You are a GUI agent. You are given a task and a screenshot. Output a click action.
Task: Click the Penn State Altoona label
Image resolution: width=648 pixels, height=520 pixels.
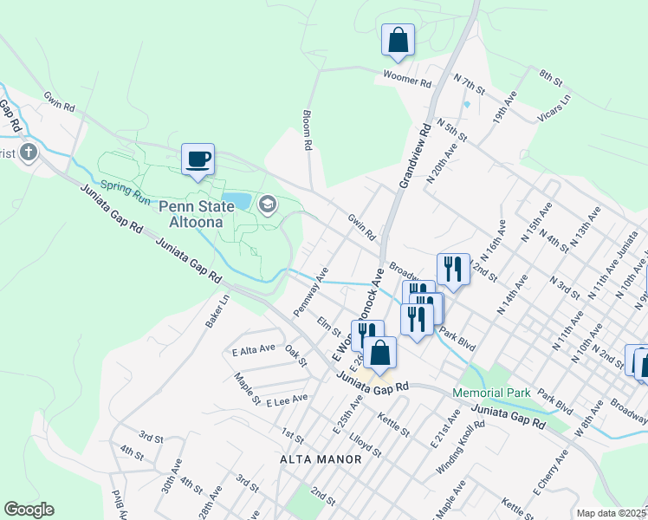pos(196,214)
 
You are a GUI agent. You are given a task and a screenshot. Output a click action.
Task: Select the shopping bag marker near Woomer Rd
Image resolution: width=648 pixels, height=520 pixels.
pos(398,40)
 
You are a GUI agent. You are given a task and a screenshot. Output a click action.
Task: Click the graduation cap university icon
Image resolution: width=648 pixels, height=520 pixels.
pos(267,205)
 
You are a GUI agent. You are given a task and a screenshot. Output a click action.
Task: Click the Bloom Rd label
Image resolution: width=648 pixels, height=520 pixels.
pos(307,131)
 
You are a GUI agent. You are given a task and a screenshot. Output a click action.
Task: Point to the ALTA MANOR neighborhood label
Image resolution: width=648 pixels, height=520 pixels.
pos(321,458)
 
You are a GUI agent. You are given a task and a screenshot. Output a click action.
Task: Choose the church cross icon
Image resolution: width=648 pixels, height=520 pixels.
pos(29,153)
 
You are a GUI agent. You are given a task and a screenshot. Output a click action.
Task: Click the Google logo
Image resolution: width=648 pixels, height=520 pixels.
pos(29,509)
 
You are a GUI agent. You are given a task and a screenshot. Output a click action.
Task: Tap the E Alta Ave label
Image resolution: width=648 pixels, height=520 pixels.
pos(254,351)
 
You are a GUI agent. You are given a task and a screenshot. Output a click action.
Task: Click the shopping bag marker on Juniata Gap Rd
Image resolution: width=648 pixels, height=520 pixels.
pos(379,353)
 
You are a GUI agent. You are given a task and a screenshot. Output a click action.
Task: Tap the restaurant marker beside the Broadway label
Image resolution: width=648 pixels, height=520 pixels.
pos(453,270)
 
